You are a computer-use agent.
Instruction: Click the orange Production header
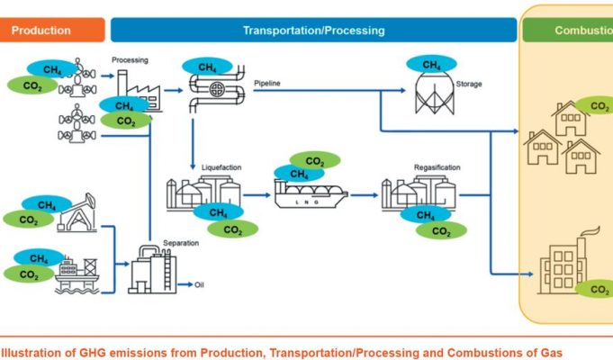coord(41,31)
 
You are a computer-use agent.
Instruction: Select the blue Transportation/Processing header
coord(313,31)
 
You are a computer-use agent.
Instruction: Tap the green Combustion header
coord(576,31)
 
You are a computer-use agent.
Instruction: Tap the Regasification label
coord(437,168)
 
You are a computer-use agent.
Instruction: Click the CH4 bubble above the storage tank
coord(431,64)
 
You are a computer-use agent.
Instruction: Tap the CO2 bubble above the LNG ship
coord(316,161)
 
